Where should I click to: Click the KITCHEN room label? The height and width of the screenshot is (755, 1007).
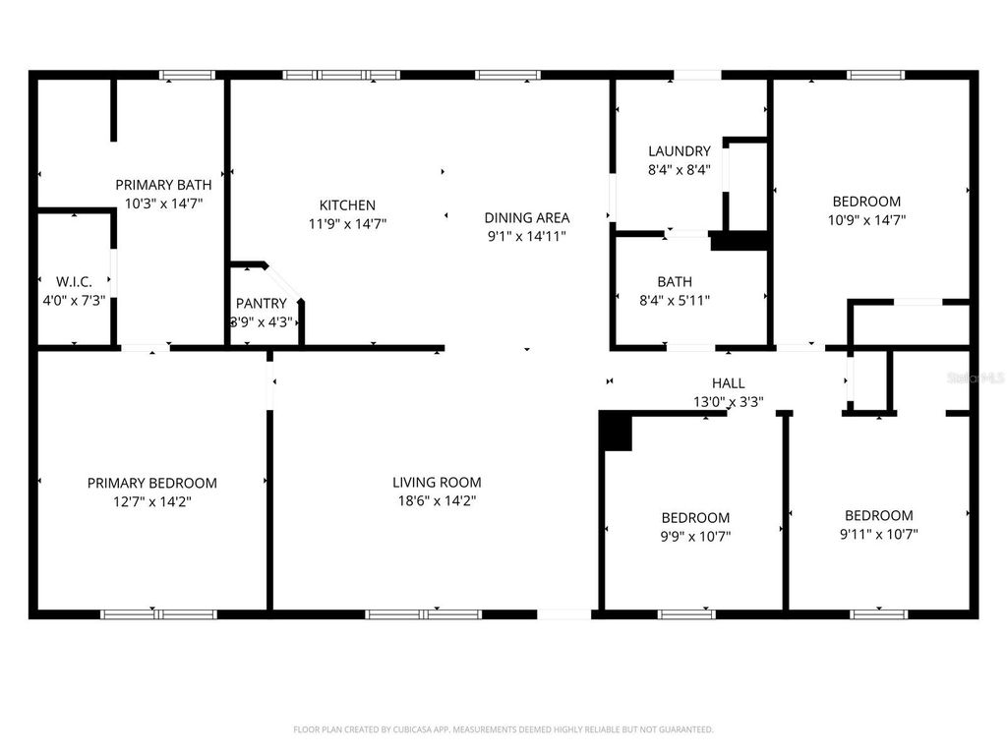[x=347, y=205]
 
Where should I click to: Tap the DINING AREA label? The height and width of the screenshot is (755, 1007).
[x=526, y=217]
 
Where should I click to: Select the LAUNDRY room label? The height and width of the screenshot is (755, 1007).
[x=679, y=151]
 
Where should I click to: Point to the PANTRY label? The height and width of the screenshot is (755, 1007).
[x=262, y=304]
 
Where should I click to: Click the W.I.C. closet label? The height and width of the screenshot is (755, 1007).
[x=74, y=281]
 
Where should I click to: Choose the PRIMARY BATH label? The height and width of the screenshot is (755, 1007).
[x=163, y=184]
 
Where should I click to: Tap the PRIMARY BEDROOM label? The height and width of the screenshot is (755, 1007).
[x=152, y=483]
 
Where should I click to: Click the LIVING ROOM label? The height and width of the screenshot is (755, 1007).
[x=437, y=482]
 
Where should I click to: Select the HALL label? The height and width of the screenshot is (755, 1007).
[x=728, y=383]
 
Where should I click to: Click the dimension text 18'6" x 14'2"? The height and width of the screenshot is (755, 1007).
[x=437, y=500]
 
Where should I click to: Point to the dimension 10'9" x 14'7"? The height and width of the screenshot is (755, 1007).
[x=865, y=220]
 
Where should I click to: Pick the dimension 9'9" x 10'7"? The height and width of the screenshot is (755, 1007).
[x=695, y=536]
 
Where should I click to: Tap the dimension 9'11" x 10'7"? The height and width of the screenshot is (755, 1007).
[x=878, y=534]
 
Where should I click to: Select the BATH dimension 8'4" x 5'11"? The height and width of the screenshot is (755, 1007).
[x=675, y=301]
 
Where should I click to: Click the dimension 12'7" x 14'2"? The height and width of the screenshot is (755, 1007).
[x=152, y=501]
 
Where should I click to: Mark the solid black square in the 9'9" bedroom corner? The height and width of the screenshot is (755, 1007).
[x=616, y=432]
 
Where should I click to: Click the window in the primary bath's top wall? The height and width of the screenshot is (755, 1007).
[x=187, y=75]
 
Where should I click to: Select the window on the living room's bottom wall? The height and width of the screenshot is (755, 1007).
[x=423, y=614]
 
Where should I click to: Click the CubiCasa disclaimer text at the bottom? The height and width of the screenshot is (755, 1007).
[x=503, y=729]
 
